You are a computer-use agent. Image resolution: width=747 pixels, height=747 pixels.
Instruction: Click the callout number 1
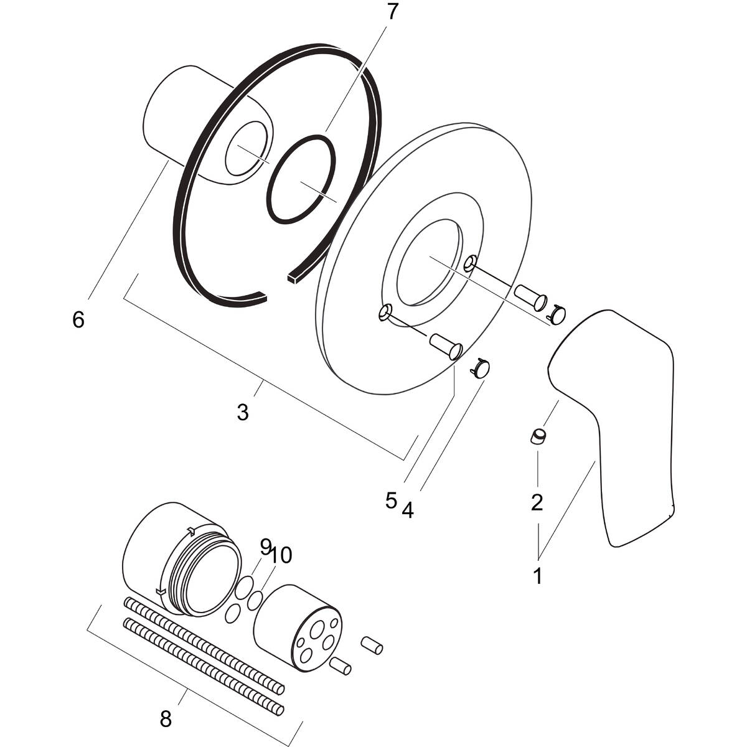(x=537, y=576)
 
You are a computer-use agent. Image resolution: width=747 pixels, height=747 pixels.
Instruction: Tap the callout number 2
(x=537, y=502)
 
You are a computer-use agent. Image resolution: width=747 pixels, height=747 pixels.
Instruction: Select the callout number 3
(x=243, y=411)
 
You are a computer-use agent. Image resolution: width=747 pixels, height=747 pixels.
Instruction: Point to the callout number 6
(x=78, y=320)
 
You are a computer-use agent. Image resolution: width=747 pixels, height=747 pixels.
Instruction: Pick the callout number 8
(x=166, y=720)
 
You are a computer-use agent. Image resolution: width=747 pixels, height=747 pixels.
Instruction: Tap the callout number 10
(x=281, y=555)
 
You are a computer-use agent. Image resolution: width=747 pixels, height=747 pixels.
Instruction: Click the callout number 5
(x=391, y=500)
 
